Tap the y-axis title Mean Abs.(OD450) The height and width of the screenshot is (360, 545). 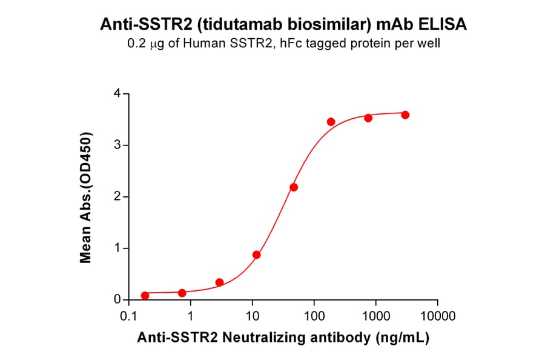coord(86,197)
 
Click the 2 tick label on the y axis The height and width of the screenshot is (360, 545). coord(117,197)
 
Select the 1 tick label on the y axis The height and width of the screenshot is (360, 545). coord(117,248)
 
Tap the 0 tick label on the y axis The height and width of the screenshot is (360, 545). coord(117,300)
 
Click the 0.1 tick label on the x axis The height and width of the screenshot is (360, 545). coord(128,316)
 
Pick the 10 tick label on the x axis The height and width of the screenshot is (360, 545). coord(252,316)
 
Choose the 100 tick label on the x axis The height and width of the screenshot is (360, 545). coord(314,316)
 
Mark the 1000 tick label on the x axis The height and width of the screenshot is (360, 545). coord(375,316)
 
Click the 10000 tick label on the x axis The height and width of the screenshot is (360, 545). coord(437,316)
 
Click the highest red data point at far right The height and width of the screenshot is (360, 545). coord(405,115)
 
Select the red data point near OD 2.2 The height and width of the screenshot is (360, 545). coord(294,187)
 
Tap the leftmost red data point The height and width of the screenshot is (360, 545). coord(145,296)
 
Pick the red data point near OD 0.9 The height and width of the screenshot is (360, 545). coord(257,255)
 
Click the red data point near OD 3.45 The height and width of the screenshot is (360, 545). coord(331,122)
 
